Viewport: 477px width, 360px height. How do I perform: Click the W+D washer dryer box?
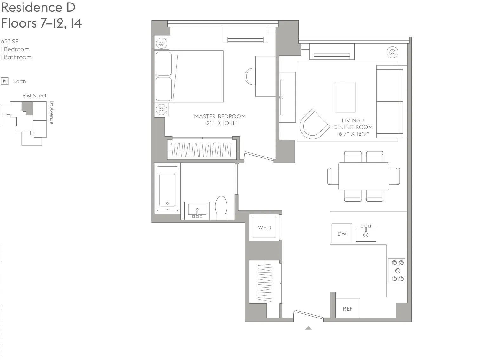coord(265,227)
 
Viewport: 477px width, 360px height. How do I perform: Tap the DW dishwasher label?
coord(342,234)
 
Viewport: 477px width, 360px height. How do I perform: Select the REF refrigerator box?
coord(348,308)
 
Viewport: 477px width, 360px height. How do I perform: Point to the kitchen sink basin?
coord(366,235)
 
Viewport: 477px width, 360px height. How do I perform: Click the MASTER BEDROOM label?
coord(220,116)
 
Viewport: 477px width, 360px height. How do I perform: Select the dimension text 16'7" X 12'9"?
coord(353,134)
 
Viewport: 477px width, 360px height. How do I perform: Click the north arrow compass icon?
coord(5,81)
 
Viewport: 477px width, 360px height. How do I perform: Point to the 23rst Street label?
coord(35,95)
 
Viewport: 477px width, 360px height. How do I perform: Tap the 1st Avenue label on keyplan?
coord(52,113)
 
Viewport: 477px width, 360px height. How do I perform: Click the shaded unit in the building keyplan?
coord(28,108)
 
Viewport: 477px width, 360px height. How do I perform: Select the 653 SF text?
coord(10,41)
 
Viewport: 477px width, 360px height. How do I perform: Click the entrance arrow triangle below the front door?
coord(308,328)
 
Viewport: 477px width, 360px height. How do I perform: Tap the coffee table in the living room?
coord(345,97)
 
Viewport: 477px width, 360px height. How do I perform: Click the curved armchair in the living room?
coord(314,124)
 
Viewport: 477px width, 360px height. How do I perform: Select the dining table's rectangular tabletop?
coord(363,176)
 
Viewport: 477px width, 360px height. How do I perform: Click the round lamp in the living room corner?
coord(392,52)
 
